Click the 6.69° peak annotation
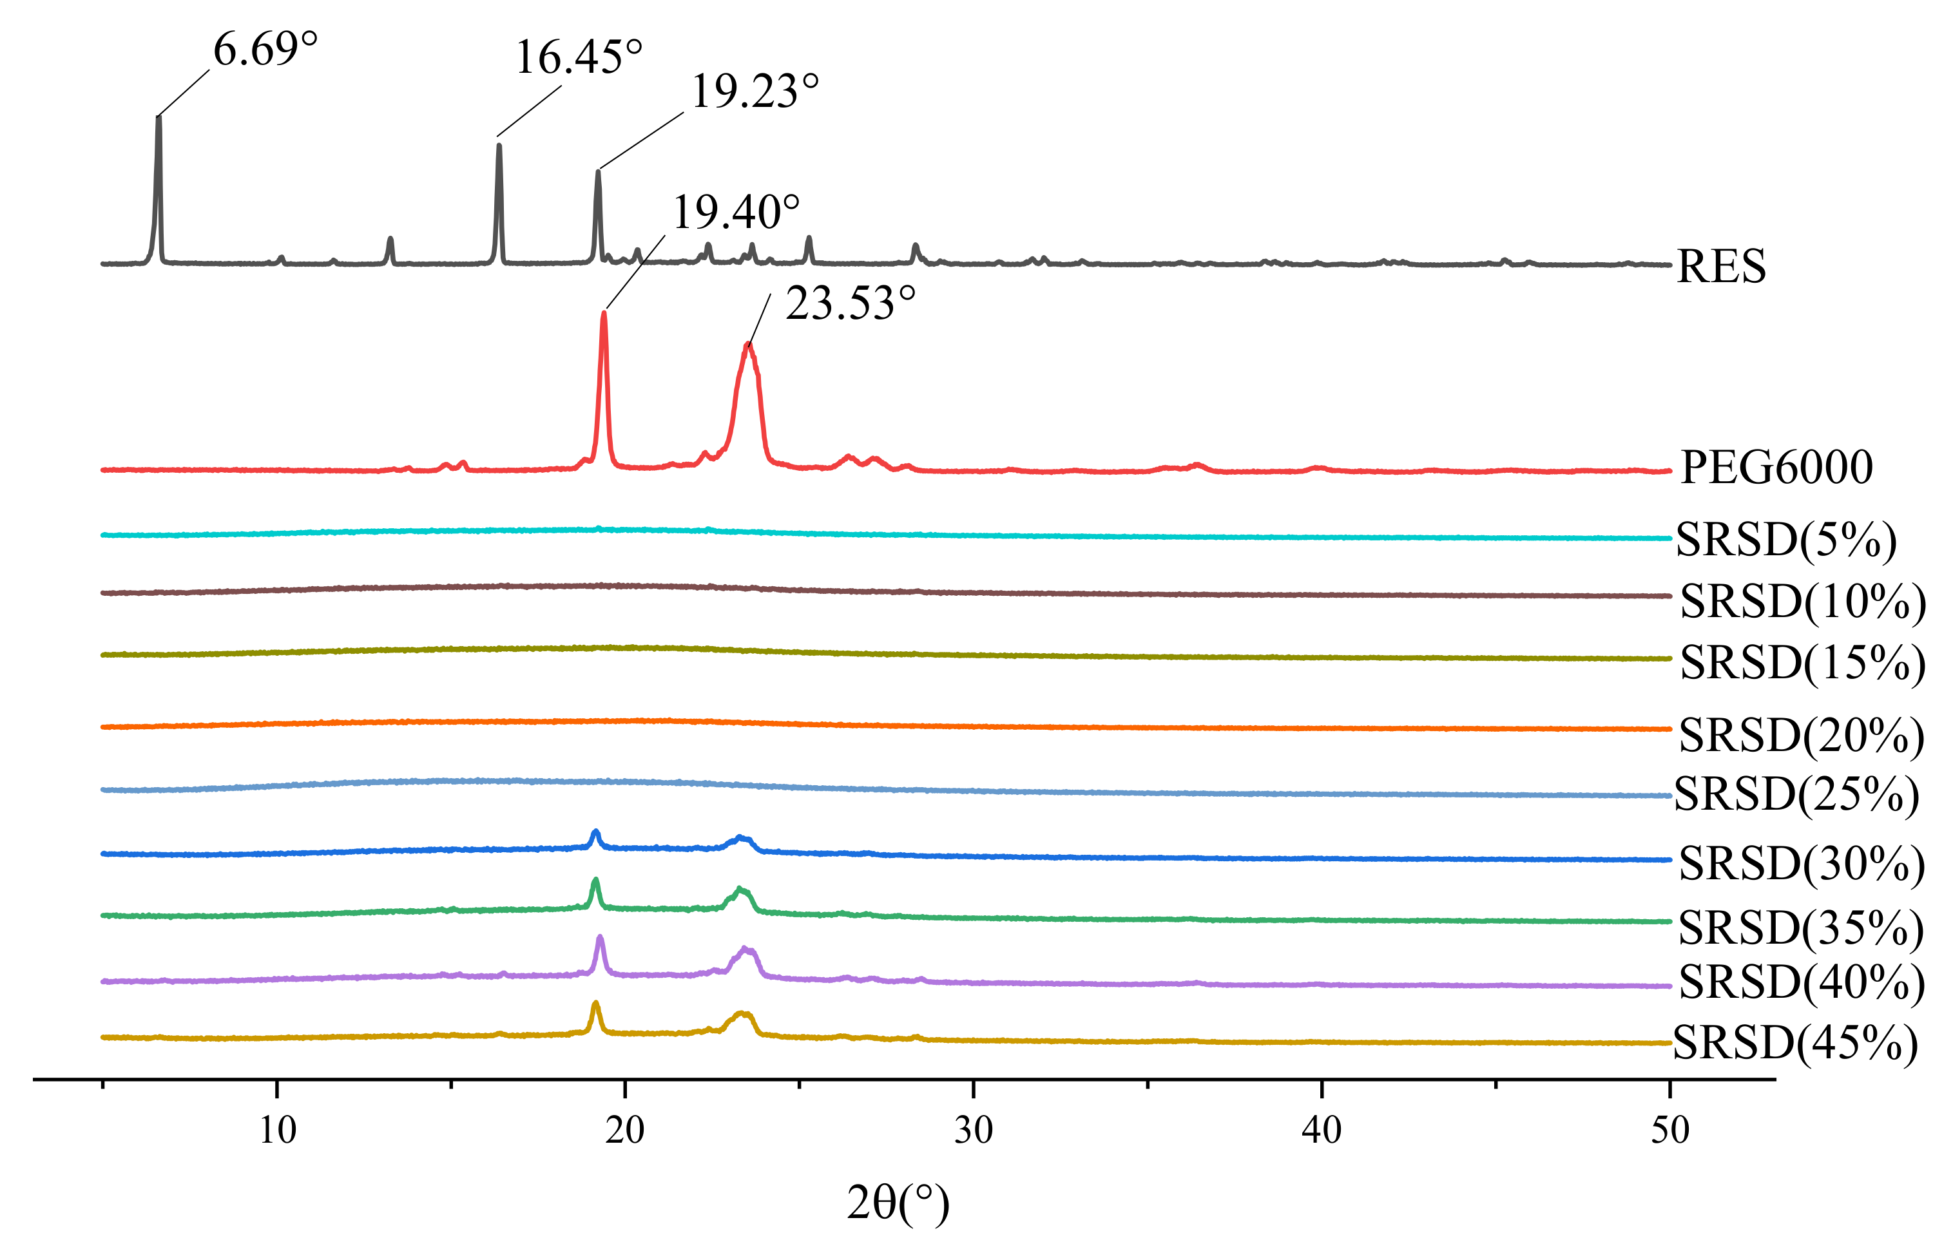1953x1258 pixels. pyautogui.click(x=265, y=49)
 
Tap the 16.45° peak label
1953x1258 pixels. pyautogui.click(x=579, y=57)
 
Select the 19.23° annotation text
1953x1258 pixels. pyautogui.click(x=755, y=91)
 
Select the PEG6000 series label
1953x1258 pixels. pyautogui.click(x=1776, y=467)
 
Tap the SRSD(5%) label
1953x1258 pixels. pyautogui.click(x=1785, y=539)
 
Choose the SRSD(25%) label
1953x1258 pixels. pyautogui.click(x=1795, y=794)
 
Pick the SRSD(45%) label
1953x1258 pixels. pyautogui.click(x=1794, y=1043)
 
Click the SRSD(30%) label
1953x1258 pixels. pyautogui.click(x=1801, y=863)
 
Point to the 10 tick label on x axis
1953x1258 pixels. pyautogui.click(x=277, y=1130)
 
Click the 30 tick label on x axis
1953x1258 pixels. pyautogui.click(x=973, y=1130)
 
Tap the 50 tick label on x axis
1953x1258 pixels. pyautogui.click(x=1669, y=1130)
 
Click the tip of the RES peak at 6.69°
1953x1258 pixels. pyautogui.click(x=159, y=119)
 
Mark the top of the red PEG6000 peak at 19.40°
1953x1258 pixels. pyautogui.click(x=604, y=314)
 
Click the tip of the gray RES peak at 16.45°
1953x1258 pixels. pyautogui.click(x=499, y=146)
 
